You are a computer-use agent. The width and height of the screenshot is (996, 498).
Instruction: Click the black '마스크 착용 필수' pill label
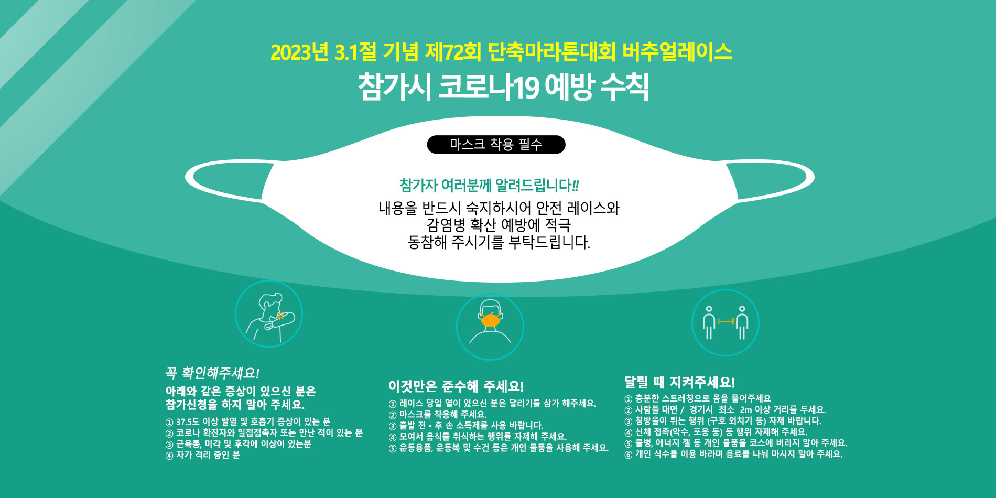click(x=496, y=145)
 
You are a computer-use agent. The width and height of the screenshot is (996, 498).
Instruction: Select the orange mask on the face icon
click(x=490, y=319)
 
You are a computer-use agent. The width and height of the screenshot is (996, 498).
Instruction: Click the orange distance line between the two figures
click(x=726, y=321)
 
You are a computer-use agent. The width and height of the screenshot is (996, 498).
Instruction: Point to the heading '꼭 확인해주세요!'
click(x=212, y=373)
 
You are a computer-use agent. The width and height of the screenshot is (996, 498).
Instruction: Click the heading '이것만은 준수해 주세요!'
click(x=456, y=386)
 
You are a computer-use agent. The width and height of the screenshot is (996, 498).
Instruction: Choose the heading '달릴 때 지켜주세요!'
click(x=679, y=382)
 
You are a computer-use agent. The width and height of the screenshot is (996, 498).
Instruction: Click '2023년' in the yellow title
click(x=299, y=52)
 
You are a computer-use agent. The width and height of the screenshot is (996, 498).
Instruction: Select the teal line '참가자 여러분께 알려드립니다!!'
click(x=489, y=185)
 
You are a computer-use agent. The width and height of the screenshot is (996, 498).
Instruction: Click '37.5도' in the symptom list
click(x=188, y=422)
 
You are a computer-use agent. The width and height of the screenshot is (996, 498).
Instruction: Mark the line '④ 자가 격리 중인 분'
click(x=203, y=455)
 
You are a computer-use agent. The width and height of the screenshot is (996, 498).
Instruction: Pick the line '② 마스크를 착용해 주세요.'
click(x=438, y=414)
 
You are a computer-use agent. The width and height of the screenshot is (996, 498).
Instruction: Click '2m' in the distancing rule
click(x=746, y=409)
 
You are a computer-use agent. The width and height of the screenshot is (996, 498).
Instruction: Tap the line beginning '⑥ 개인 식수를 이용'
click(x=733, y=454)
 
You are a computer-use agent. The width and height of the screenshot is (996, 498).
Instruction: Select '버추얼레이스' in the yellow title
click(x=677, y=52)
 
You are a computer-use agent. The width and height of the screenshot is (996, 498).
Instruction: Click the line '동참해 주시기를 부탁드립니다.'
click(x=499, y=242)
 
